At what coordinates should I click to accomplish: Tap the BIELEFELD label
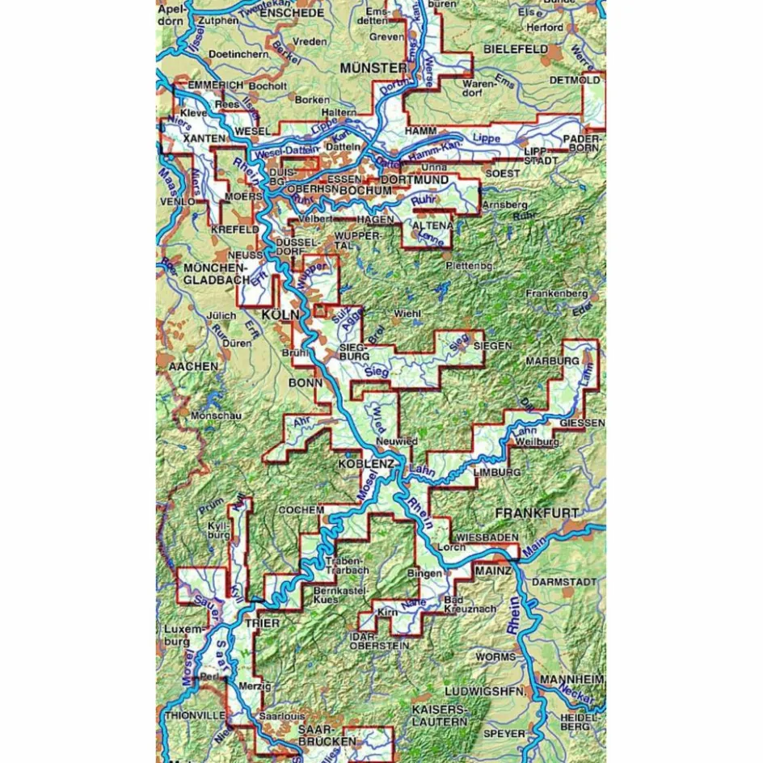(x=516, y=49)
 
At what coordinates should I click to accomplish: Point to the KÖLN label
(x=280, y=314)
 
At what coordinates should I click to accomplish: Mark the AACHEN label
(x=192, y=366)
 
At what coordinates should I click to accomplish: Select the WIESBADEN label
(x=487, y=537)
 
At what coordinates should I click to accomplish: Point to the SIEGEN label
(x=492, y=345)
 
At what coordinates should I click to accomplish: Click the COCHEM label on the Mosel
(x=301, y=510)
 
